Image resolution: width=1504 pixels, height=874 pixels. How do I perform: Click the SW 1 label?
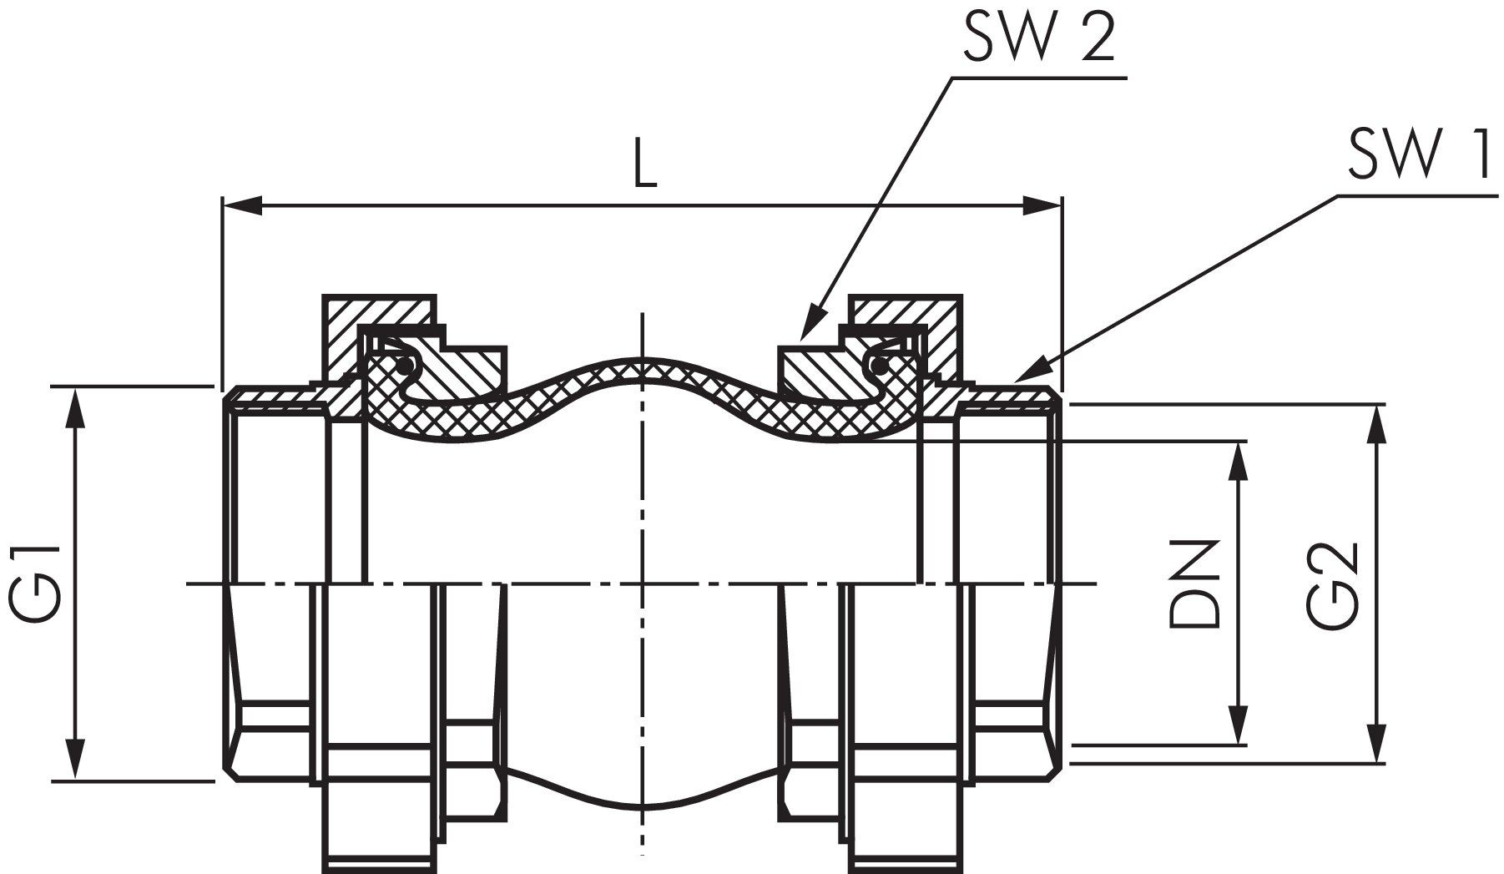[1418, 158]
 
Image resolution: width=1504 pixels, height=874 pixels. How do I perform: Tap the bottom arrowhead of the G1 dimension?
[76, 760]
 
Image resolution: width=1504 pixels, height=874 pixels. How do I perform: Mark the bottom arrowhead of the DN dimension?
[1239, 723]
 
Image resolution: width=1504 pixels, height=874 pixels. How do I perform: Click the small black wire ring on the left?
[404, 365]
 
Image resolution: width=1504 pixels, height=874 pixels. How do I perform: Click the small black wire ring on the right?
[877, 365]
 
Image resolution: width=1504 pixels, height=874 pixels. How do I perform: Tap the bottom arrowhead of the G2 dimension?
[1376, 743]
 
